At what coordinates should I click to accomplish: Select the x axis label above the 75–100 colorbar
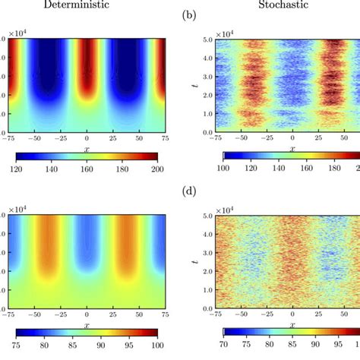tap(87, 325)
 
